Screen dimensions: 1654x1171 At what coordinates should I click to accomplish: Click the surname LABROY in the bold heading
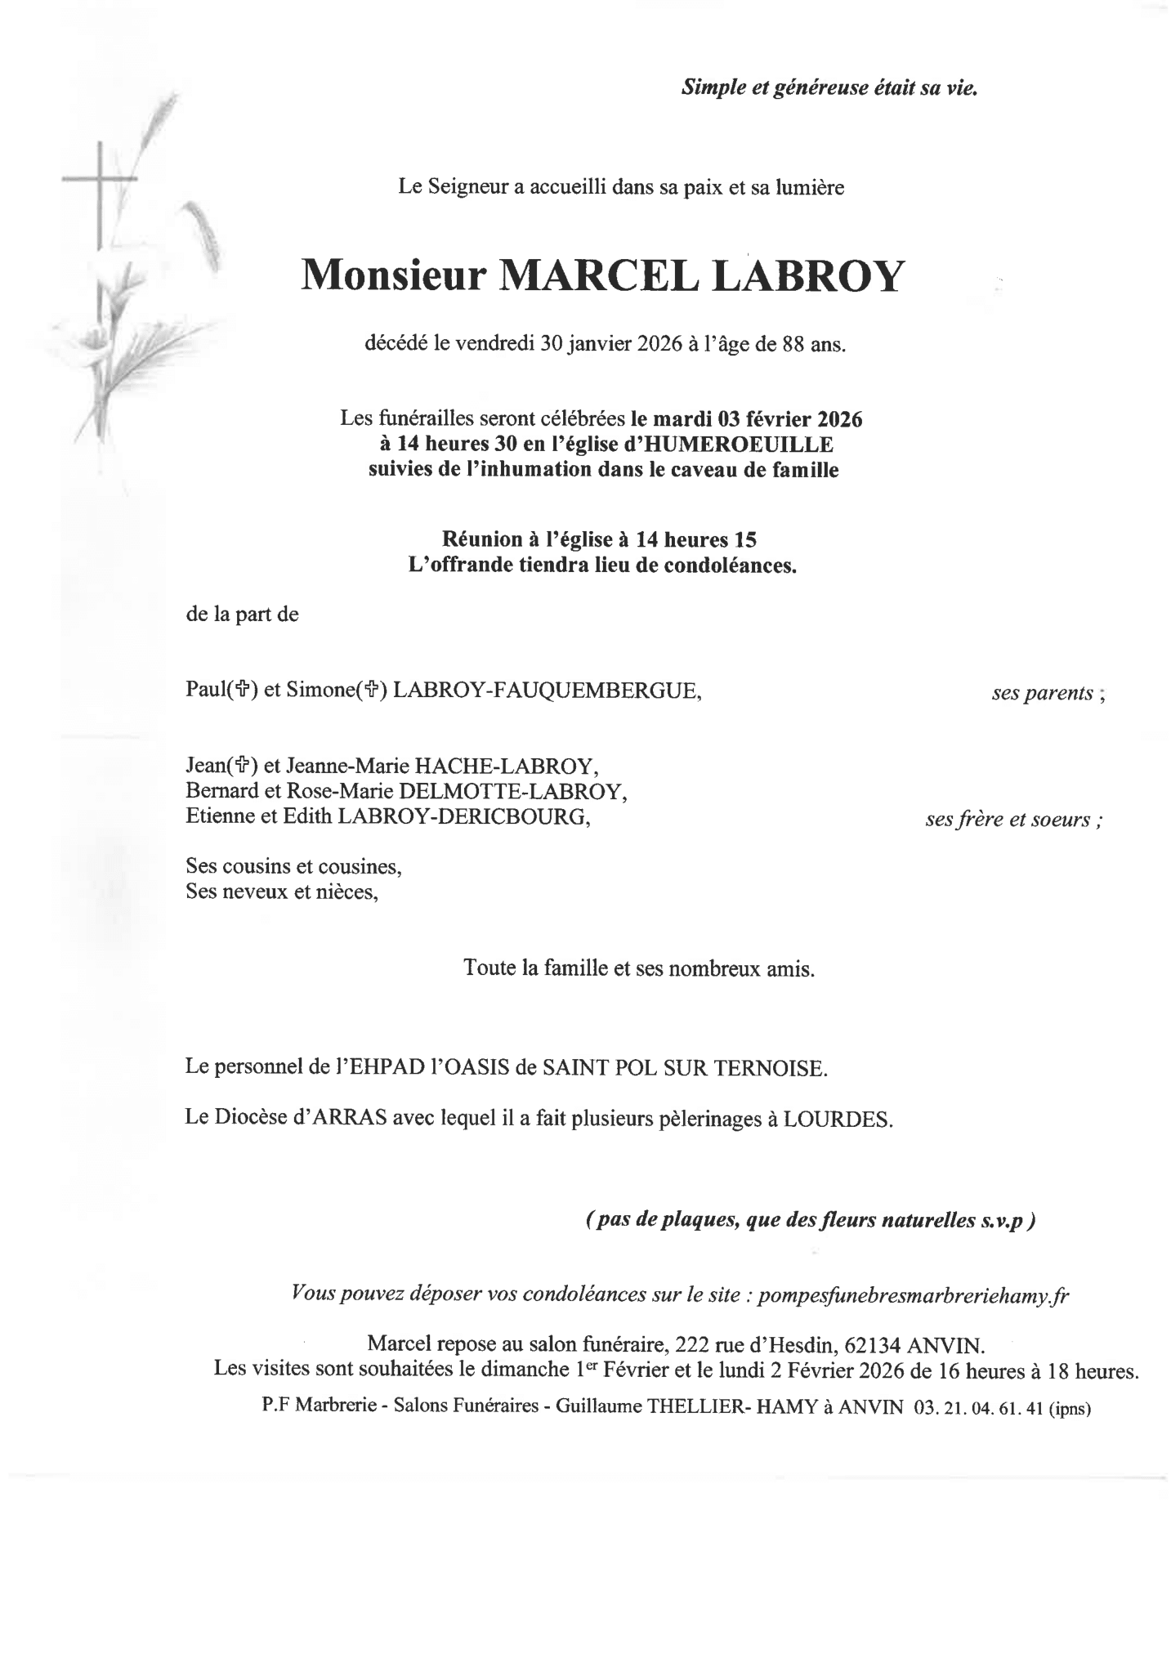pyautogui.click(x=809, y=276)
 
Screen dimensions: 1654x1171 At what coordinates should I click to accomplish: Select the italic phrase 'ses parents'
pyautogui.click(x=1042, y=693)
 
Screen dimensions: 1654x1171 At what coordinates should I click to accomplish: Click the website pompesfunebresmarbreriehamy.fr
pyautogui.click(x=913, y=1295)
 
